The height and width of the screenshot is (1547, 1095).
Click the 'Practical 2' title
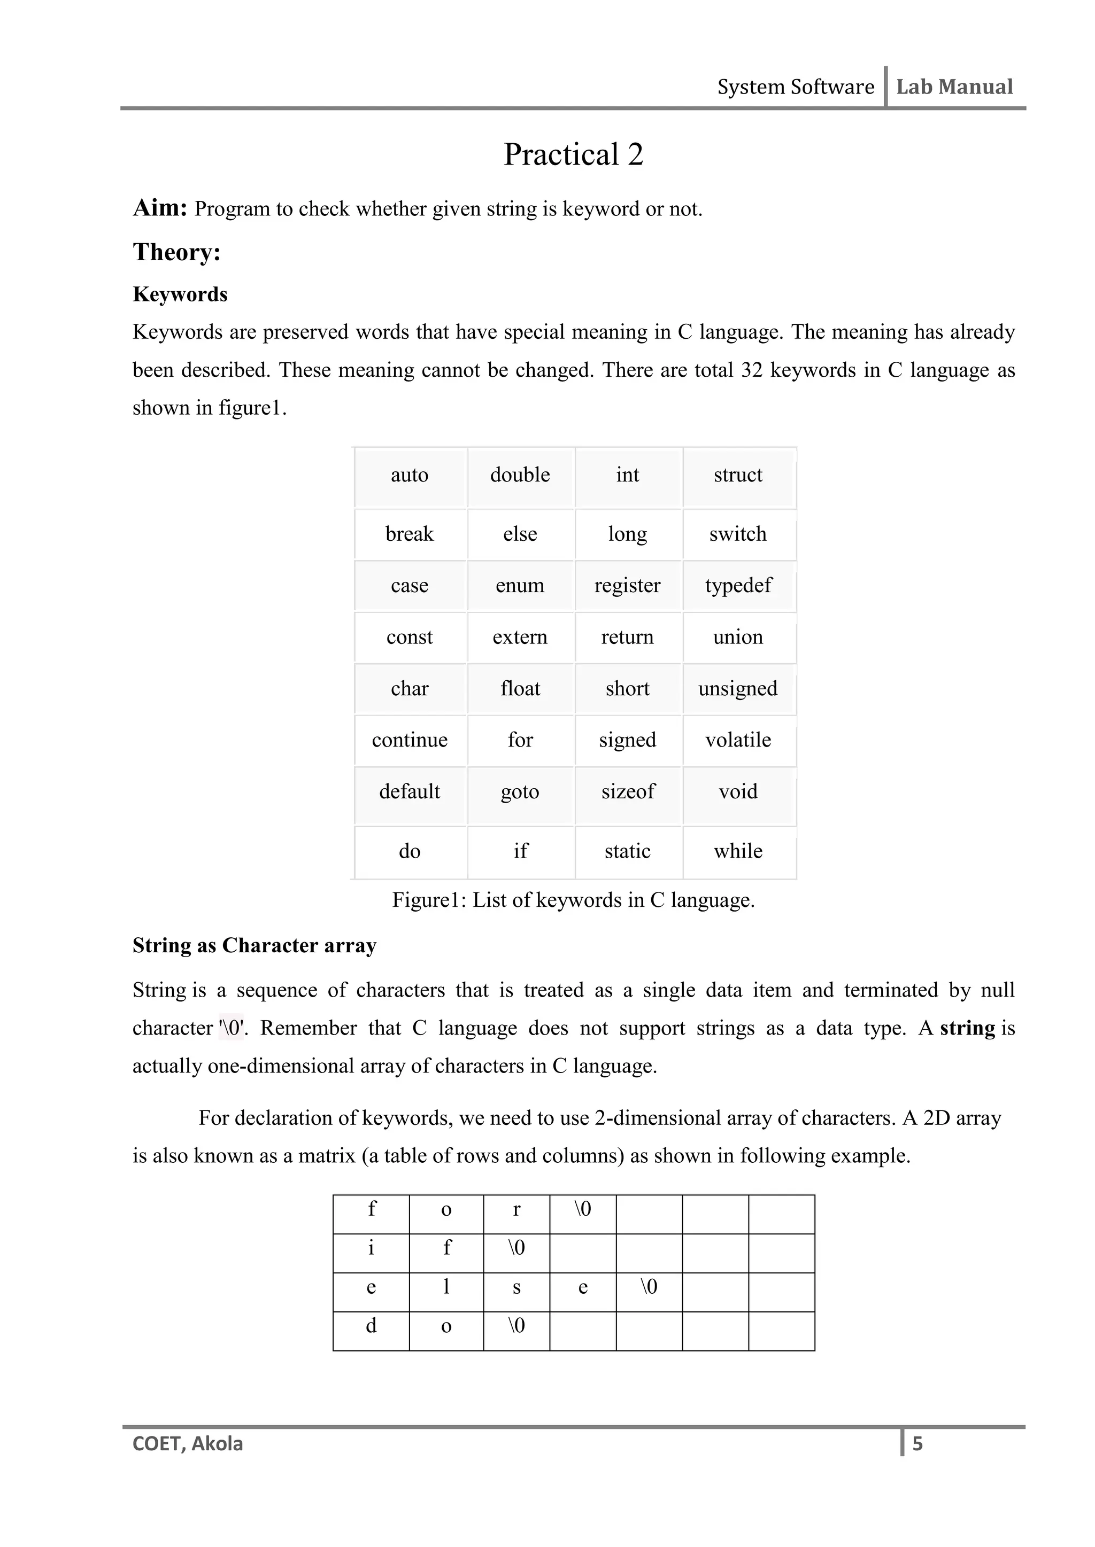click(x=573, y=154)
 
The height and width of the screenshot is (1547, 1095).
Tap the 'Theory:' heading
click(x=176, y=252)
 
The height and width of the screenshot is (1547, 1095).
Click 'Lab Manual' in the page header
click(x=954, y=87)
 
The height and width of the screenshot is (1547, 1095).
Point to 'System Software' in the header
click(x=795, y=87)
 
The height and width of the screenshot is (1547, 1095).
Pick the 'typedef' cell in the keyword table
click(x=738, y=586)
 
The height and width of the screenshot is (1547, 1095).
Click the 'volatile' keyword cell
click(x=738, y=740)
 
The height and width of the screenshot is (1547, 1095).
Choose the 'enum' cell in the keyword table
click(x=520, y=586)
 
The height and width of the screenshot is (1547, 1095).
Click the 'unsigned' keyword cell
click(x=738, y=689)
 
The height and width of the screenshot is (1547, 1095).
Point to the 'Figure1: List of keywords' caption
click(x=573, y=900)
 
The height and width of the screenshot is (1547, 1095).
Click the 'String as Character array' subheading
click(x=254, y=945)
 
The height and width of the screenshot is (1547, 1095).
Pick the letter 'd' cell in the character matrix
click(x=371, y=1326)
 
